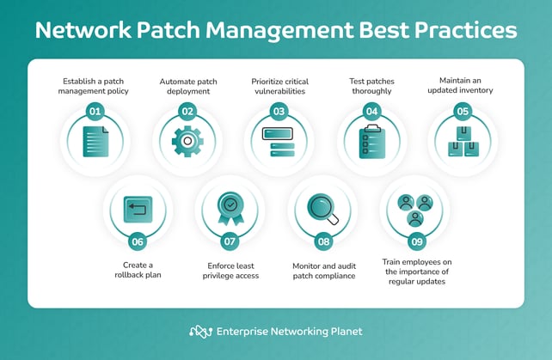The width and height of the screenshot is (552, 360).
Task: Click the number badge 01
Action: (x=96, y=111)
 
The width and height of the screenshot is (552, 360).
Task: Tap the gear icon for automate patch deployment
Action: (x=187, y=140)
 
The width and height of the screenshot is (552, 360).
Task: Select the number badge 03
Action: (x=279, y=111)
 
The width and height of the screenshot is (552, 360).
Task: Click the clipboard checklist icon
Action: (x=371, y=141)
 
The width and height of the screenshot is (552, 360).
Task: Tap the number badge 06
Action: (x=138, y=241)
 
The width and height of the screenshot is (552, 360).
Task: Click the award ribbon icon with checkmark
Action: (x=230, y=208)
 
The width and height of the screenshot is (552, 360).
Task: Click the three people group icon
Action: (x=415, y=209)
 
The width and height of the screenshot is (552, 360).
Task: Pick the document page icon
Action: (x=95, y=141)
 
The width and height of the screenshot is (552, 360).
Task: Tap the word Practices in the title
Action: (x=465, y=32)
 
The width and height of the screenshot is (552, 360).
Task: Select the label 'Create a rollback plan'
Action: (x=138, y=270)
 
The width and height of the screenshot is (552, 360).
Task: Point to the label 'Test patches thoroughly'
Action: (x=370, y=87)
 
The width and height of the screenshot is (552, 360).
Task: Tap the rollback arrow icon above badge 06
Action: (x=138, y=208)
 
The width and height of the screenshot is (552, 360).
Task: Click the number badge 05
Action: (x=462, y=111)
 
